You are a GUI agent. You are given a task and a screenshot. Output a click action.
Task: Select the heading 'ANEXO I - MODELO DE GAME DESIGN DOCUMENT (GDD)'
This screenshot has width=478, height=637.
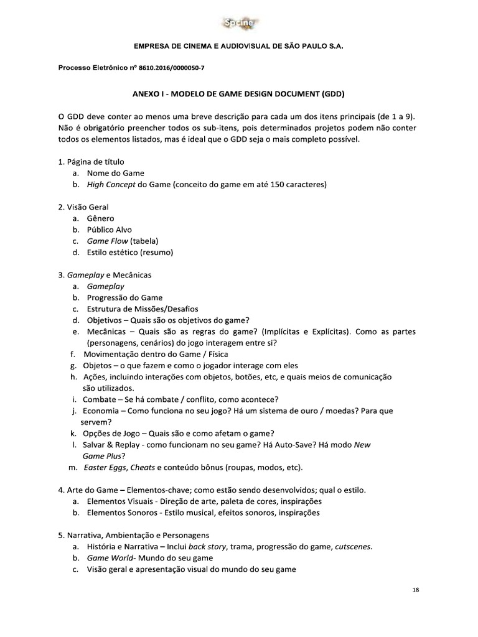point(238,94)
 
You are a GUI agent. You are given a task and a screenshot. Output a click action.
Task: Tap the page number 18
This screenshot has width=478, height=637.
point(415,590)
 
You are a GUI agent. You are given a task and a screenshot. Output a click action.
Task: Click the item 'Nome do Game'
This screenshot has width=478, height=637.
point(115,173)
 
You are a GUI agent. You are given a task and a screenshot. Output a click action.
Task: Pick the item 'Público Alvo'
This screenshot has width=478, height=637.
point(109,230)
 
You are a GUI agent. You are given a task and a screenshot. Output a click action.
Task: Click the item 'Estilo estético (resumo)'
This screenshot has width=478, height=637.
point(129,252)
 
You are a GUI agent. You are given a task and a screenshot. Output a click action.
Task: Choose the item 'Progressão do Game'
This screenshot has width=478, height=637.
point(124,297)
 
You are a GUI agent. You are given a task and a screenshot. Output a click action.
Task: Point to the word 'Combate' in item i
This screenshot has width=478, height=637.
point(100,399)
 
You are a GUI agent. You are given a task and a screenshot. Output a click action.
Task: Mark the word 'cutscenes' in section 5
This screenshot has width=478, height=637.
point(353,546)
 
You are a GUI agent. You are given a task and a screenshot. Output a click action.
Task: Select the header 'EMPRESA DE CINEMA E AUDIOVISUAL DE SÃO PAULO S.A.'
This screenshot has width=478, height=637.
point(238,47)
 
